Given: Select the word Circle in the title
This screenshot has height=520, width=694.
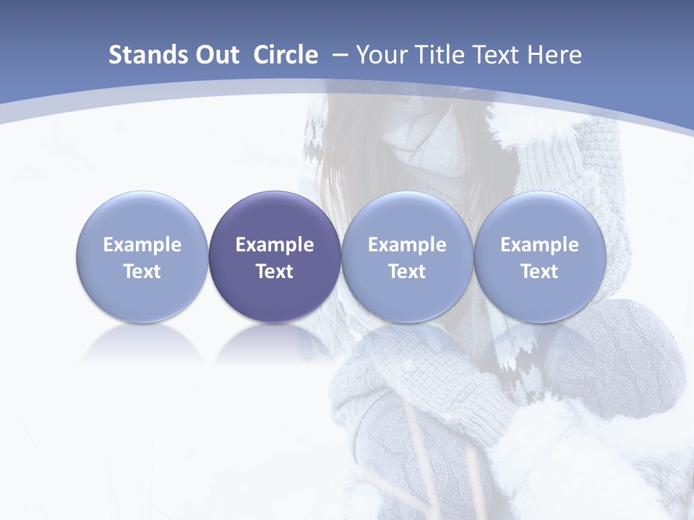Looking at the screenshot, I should click(286, 55).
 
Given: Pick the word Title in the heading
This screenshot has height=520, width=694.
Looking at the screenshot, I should click(437, 55).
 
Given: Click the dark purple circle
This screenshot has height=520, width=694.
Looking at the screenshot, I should click(275, 217).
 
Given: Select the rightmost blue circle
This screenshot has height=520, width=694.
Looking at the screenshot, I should click(540, 217).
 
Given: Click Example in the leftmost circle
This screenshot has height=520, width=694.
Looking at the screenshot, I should click(142, 245).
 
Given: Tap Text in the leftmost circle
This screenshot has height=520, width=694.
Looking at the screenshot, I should click(142, 272).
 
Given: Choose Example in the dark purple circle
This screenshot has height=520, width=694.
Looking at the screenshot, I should click(275, 245).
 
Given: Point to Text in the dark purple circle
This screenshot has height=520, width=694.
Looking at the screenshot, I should click(275, 272).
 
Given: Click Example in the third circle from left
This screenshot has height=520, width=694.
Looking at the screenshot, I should click(407, 245).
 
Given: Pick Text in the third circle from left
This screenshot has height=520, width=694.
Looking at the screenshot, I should click(407, 272).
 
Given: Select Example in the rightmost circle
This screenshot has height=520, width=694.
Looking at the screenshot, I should click(540, 245).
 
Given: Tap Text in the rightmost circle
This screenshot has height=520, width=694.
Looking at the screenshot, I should click(540, 272).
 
